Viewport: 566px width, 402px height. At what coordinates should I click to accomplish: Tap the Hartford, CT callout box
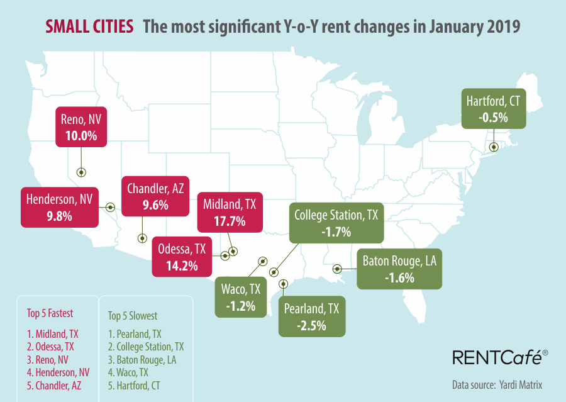click(493, 108)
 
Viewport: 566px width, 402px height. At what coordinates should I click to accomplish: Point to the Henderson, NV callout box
click(60, 208)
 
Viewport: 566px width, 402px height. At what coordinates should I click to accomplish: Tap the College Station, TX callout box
click(336, 223)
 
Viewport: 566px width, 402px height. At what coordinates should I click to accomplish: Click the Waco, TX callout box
click(241, 297)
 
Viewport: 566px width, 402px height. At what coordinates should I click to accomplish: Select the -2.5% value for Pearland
click(312, 325)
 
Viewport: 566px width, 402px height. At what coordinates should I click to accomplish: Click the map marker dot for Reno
click(80, 172)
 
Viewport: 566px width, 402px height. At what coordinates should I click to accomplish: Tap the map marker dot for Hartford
click(494, 147)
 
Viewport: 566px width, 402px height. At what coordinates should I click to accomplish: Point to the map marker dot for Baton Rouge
click(337, 269)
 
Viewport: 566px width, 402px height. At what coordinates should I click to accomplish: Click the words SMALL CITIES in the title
click(89, 26)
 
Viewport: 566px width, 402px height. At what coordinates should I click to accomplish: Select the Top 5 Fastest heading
click(50, 313)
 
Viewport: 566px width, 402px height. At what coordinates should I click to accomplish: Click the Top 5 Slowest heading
click(133, 315)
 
